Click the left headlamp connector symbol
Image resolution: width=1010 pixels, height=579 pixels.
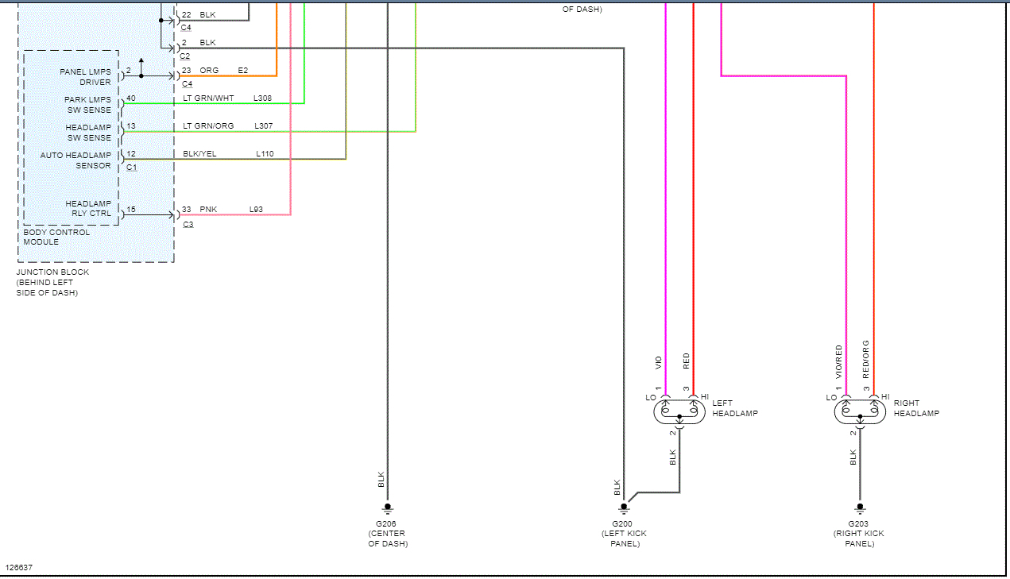click(679, 411)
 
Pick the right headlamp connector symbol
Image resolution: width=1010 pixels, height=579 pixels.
click(859, 411)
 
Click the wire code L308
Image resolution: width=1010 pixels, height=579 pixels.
click(262, 98)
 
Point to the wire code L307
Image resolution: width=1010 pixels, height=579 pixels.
click(263, 126)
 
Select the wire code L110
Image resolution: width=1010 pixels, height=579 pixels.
click(265, 154)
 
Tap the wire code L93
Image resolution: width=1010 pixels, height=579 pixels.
click(256, 210)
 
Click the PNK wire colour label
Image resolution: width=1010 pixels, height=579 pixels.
click(207, 210)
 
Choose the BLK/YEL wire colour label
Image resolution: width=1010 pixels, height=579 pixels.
click(199, 154)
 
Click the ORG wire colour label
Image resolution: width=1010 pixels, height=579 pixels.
click(209, 71)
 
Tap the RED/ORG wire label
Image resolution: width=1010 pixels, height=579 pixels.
click(866, 358)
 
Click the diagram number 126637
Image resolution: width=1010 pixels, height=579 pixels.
click(19, 568)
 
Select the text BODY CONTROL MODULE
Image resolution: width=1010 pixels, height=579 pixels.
click(56, 237)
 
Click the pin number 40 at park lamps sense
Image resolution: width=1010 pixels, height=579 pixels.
click(130, 98)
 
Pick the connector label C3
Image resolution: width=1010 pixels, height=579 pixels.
click(188, 225)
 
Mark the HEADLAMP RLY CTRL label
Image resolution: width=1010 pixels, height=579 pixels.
click(88, 209)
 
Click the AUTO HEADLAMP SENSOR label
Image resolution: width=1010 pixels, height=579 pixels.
click(76, 160)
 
